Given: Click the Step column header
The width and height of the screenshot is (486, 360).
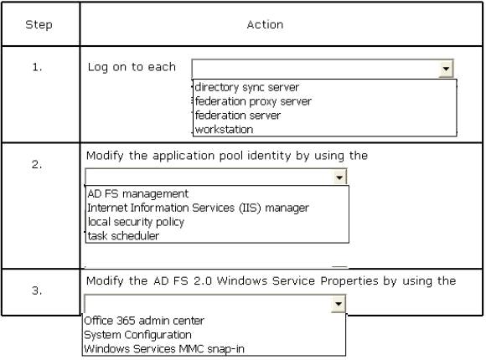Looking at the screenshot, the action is [x=39, y=24].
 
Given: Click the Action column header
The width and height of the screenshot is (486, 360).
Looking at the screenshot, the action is [x=265, y=24].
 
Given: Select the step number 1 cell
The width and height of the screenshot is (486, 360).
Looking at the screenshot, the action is [x=37, y=67].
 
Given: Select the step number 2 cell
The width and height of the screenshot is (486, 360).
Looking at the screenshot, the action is [x=37, y=164].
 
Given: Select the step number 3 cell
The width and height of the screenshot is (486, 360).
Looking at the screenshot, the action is [x=37, y=291].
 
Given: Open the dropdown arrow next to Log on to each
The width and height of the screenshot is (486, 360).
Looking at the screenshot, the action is [x=446, y=69].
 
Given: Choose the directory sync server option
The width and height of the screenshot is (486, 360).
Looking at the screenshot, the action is [x=247, y=87].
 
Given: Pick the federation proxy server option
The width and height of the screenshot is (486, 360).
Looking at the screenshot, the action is [x=253, y=101].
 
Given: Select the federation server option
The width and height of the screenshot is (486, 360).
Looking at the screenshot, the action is [x=238, y=116].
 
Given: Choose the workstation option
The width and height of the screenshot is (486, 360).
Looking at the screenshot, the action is [x=224, y=130].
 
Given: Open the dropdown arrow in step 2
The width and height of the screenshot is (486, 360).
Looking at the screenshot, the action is [x=339, y=177].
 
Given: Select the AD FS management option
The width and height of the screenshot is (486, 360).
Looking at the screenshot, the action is [x=138, y=193].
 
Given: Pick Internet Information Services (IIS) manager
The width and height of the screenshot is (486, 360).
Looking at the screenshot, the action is [x=198, y=208].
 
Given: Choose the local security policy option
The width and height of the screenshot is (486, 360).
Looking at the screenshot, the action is [x=136, y=222].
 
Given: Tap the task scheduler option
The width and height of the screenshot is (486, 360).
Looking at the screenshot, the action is [x=123, y=236].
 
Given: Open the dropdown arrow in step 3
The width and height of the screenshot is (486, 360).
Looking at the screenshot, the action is [x=339, y=304].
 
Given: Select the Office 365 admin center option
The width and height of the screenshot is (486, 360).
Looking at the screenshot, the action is [x=144, y=321].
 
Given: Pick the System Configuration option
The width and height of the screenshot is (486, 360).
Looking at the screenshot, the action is [x=137, y=335].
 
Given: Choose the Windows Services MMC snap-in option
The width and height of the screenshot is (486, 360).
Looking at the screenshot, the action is [x=164, y=349].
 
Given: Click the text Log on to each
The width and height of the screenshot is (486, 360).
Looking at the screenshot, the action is [x=132, y=67].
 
